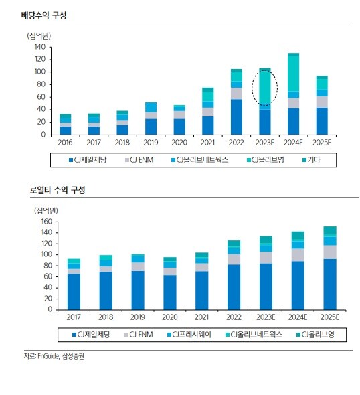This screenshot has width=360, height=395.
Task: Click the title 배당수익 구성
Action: (43, 15)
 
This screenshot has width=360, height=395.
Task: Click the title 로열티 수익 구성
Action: (58, 190)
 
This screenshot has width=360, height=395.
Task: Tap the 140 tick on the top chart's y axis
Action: (40, 47)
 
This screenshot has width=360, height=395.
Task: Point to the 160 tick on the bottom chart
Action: (47, 222)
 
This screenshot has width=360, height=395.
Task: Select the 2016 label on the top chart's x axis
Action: (65, 143)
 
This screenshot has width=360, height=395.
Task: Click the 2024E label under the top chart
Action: (293, 143)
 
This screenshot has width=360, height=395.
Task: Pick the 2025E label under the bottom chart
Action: (329, 317)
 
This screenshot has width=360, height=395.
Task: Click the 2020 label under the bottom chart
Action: (170, 317)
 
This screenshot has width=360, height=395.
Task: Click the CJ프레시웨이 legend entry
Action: (189, 335)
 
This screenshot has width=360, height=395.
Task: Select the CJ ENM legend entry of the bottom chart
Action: (139, 335)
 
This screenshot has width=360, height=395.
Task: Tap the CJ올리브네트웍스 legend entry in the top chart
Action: (199, 160)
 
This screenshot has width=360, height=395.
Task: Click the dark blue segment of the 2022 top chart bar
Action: (236, 117)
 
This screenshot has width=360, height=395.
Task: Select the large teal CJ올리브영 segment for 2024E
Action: (293, 73)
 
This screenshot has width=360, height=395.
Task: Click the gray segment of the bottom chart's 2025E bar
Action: (330, 252)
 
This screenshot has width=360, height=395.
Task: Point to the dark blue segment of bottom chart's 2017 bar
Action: (74, 292)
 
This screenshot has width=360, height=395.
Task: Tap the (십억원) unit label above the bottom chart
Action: (46, 211)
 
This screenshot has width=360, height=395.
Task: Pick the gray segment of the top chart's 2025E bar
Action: (322, 102)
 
